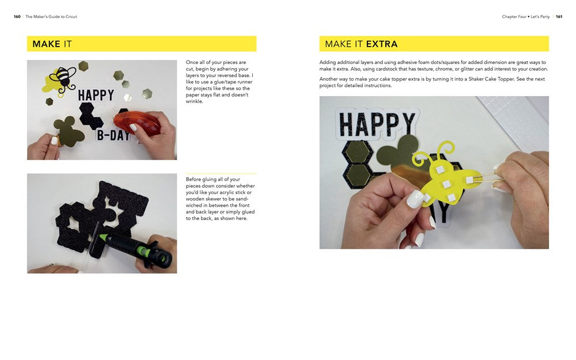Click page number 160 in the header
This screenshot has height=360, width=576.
point(17,17)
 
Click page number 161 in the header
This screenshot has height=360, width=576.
point(559,17)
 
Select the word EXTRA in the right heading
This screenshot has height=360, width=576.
point(381,44)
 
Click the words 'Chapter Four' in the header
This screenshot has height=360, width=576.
point(514,17)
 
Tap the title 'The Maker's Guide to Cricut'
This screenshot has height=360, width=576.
point(51,17)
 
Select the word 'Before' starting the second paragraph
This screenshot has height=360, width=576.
point(194,180)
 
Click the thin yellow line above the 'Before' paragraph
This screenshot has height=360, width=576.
point(221,173)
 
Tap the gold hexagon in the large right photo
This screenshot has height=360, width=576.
point(357,152)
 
